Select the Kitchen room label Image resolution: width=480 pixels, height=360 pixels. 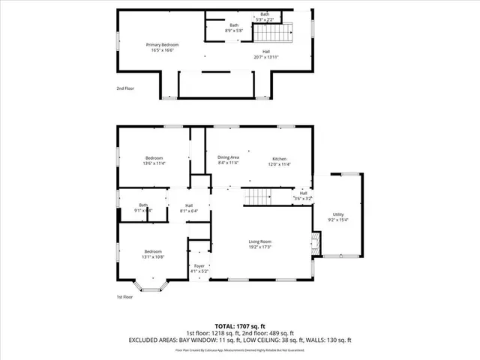pyautogui.click(x=280, y=159)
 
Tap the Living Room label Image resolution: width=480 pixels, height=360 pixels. pyautogui.click(x=259, y=241)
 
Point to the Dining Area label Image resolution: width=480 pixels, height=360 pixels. pyautogui.click(x=228, y=157)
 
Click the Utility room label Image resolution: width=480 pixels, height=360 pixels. pyautogui.click(x=338, y=214)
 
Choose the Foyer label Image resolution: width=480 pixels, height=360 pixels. pyautogui.click(x=199, y=265)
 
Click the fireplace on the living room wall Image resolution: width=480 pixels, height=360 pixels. pyautogui.click(x=316, y=242)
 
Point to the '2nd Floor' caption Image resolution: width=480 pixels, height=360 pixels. pyautogui.click(x=125, y=88)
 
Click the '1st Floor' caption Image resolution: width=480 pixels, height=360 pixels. pyautogui.click(x=125, y=297)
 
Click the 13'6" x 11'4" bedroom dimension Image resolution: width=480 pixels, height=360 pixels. pyautogui.click(x=154, y=163)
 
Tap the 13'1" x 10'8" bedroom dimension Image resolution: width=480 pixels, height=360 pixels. pyautogui.click(x=154, y=256)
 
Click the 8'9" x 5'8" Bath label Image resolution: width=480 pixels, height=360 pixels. pyautogui.click(x=234, y=31)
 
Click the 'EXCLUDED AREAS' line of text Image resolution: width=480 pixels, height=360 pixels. pyautogui.click(x=240, y=340)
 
